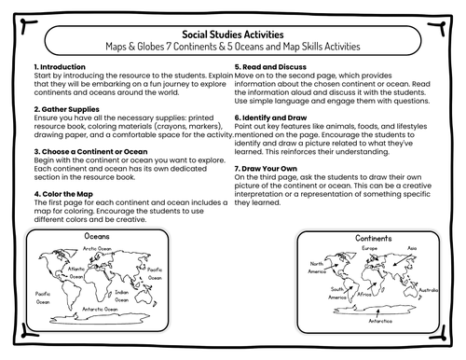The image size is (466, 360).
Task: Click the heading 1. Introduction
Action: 60,68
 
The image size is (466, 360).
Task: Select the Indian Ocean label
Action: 122,295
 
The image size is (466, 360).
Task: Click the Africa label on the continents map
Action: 366,292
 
